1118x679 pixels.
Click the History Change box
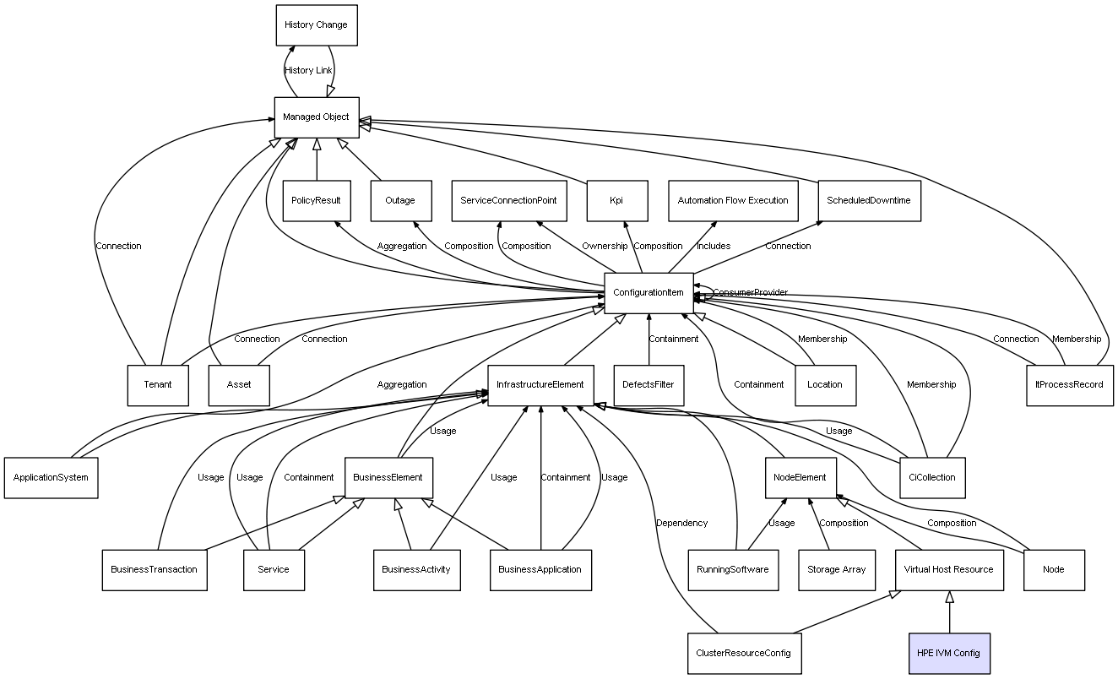coord(316,25)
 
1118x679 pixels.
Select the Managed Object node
coord(317,117)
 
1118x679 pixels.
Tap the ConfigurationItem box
coord(649,293)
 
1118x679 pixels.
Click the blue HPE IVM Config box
coord(948,653)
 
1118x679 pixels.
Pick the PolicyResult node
coord(317,201)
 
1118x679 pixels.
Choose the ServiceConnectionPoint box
coord(508,201)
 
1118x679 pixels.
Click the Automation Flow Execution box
coord(732,201)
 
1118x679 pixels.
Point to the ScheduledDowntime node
coord(869,201)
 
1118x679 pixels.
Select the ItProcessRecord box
coord(1069,385)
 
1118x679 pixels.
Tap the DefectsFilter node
coord(648,385)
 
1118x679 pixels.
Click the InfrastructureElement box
coord(540,385)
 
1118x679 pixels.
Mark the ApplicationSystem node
coord(51,477)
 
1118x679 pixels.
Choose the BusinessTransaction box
coord(154,569)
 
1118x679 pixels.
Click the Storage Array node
coord(836,569)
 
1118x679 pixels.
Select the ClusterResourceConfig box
coord(743,653)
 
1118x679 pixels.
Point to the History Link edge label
coord(308,71)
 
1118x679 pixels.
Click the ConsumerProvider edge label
coord(750,292)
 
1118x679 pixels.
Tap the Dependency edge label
coord(681,524)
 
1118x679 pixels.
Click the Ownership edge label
coord(605,247)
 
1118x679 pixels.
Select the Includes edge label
coord(714,247)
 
